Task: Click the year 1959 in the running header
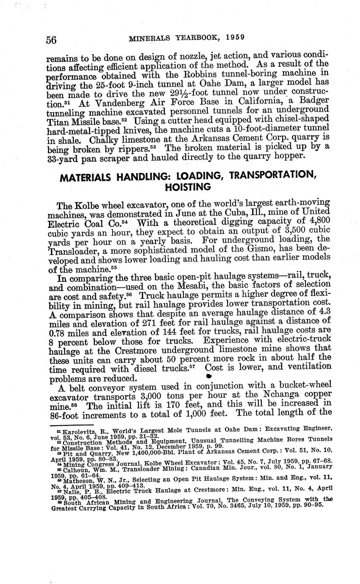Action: click(x=234, y=37)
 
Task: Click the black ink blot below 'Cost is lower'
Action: click(x=208, y=376)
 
